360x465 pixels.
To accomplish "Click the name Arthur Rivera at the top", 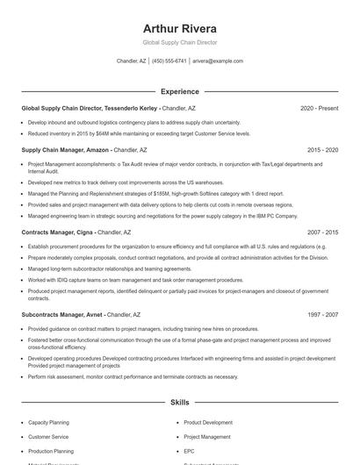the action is point(179,26).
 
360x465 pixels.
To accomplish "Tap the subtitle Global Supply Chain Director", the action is point(179,42).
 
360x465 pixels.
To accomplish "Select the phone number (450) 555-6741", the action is point(170,61).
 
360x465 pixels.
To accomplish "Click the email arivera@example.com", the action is point(217,61).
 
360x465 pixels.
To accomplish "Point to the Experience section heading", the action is point(179,91).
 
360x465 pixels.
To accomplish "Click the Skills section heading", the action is point(179,403).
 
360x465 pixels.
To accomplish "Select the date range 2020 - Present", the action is point(319,108).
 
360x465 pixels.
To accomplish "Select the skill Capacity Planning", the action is point(48,422).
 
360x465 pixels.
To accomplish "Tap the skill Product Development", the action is point(208,422).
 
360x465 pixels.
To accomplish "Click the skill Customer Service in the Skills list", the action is point(48,436).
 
